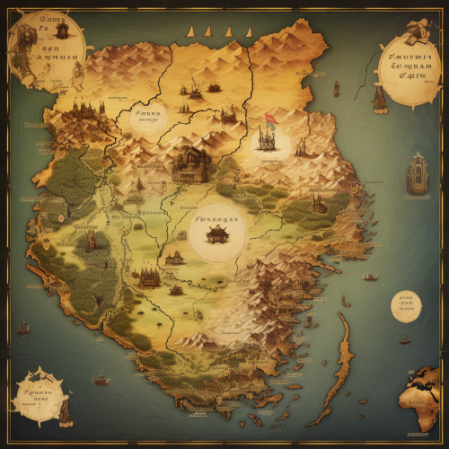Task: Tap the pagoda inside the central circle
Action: point(216,235)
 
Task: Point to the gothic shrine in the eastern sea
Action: point(417,173)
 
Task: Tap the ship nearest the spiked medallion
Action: point(101,380)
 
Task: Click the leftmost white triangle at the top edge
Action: point(191,32)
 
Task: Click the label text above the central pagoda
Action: point(216,218)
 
